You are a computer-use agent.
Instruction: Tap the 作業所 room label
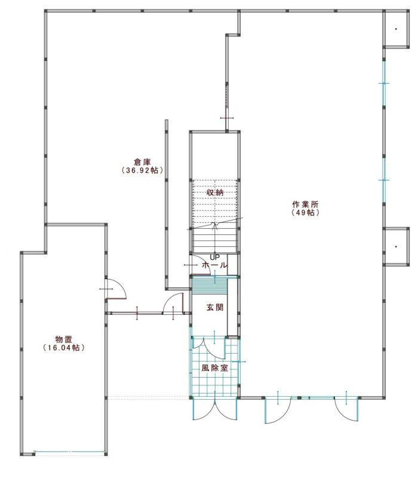(305, 204)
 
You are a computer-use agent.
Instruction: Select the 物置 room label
(64, 339)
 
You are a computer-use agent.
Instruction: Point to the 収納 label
(215, 192)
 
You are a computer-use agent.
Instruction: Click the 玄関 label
(215, 307)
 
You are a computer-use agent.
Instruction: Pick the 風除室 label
(215, 367)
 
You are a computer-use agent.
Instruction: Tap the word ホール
(215, 265)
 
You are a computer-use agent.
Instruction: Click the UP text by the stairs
(215, 258)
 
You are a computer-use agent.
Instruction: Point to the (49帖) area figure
(305, 213)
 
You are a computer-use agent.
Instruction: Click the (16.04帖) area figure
(64, 348)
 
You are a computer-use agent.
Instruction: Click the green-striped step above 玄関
(210, 286)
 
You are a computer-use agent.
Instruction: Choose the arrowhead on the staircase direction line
(216, 225)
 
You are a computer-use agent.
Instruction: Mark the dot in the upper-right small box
(396, 29)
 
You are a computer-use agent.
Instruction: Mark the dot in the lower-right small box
(396, 246)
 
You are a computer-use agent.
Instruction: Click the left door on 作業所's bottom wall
(277, 410)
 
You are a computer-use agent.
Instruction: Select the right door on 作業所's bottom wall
(346, 409)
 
